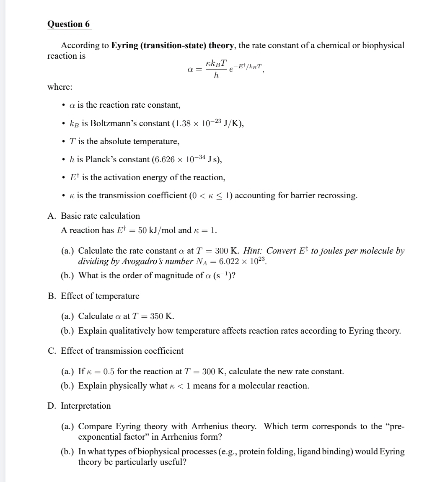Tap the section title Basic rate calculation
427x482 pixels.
pos(101,216)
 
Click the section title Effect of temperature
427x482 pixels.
pos(100,296)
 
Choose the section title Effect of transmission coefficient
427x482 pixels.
pos(122,350)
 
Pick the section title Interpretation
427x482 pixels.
pos(86,405)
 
